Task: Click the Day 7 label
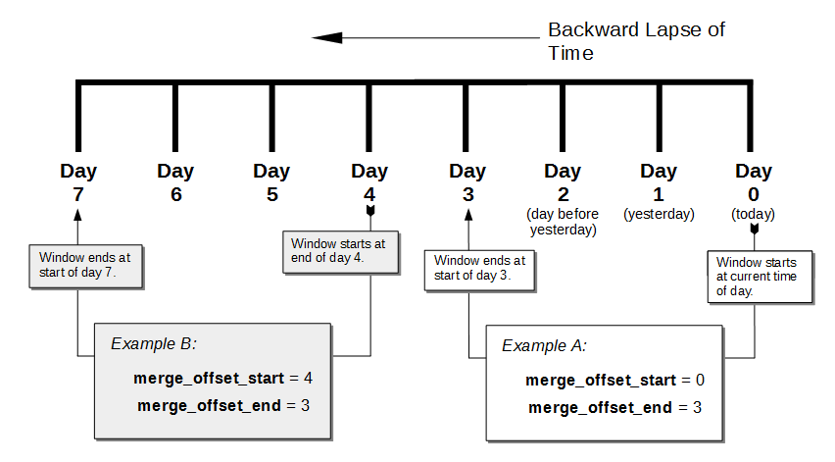pyautogui.click(x=78, y=182)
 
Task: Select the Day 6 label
pyautogui.click(x=175, y=182)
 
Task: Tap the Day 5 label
pyautogui.click(x=271, y=182)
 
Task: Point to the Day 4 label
pyautogui.click(x=369, y=182)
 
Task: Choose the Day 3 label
pyautogui.click(x=467, y=182)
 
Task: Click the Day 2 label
pyautogui.click(x=563, y=182)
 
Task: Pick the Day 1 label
pyautogui.click(x=659, y=182)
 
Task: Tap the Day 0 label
pyautogui.click(x=753, y=182)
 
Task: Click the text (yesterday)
pyautogui.click(x=659, y=214)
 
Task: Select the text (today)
pyautogui.click(x=753, y=214)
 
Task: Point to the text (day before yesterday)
pyautogui.click(x=563, y=222)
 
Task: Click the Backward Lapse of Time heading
pyautogui.click(x=636, y=41)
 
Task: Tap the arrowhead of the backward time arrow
pyautogui.click(x=327, y=38)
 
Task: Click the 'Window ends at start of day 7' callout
pyautogui.click(x=86, y=266)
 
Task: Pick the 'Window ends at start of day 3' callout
pyautogui.click(x=480, y=270)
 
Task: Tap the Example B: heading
pyautogui.click(x=154, y=344)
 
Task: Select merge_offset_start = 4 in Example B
pyautogui.click(x=223, y=378)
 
